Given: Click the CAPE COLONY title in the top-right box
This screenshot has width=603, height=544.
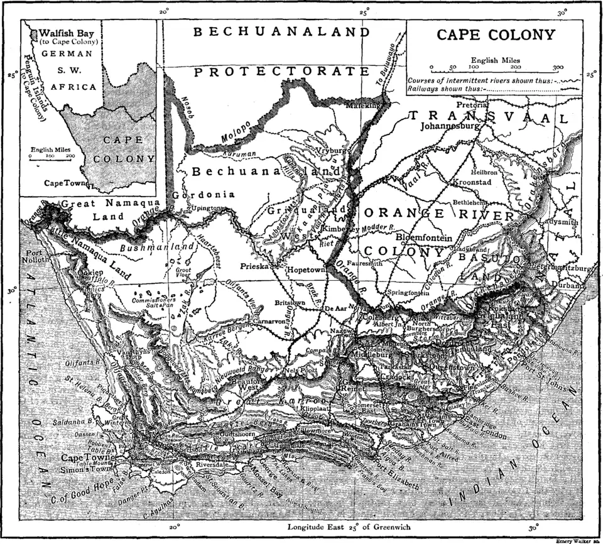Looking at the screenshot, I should (x=496, y=35).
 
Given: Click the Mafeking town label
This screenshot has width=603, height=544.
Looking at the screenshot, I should (x=365, y=106).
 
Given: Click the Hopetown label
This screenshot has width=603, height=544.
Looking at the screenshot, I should (x=304, y=269).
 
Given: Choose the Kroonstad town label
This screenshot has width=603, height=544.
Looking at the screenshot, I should (x=474, y=183).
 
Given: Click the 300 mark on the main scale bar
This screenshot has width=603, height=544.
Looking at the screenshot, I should (x=558, y=67).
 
